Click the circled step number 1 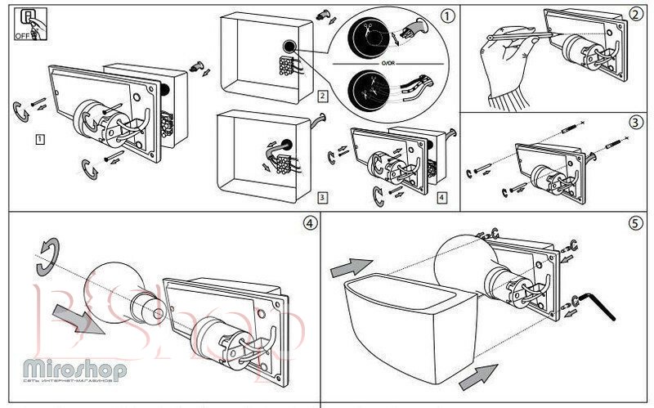click(x=446, y=15)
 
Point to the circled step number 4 click(x=308, y=223)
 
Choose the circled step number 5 click(x=638, y=223)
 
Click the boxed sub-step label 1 click(x=39, y=139)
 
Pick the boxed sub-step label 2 click(x=323, y=96)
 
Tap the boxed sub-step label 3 click(x=323, y=197)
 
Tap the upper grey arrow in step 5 click(x=349, y=267)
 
